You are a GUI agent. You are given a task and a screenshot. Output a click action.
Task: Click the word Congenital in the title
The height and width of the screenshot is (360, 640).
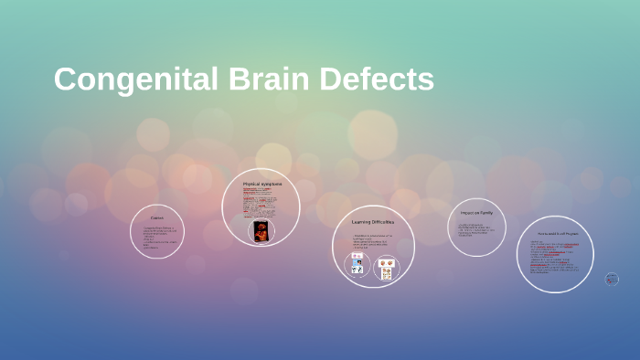pyautogui.click(x=132, y=80)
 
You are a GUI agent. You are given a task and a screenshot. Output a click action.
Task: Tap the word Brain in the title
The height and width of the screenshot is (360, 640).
pyautogui.click(x=268, y=80)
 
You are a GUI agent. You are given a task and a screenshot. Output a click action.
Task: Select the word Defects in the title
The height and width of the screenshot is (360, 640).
pyautogui.click(x=377, y=80)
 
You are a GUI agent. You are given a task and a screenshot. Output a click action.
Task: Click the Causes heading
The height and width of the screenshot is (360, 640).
pyautogui.click(x=158, y=217)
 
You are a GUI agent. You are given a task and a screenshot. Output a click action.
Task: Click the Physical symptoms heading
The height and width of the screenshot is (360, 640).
pyautogui.click(x=261, y=184)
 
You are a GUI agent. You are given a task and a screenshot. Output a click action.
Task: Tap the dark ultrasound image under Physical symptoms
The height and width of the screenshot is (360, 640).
pyautogui.click(x=261, y=230)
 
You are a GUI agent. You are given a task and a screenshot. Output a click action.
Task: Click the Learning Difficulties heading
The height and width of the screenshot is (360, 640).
pyautogui.click(x=372, y=222)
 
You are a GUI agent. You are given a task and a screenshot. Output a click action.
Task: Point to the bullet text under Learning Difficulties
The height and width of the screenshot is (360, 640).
pyautogui.click(x=372, y=243)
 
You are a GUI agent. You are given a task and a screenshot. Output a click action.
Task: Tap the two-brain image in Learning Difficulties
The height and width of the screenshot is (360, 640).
pyautogui.click(x=386, y=264)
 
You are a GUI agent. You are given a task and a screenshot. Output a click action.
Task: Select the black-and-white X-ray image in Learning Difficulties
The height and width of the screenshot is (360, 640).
pyautogui.click(x=357, y=270)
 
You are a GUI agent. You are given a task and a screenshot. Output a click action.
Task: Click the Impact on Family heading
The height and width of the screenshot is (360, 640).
pyautogui.click(x=476, y=213)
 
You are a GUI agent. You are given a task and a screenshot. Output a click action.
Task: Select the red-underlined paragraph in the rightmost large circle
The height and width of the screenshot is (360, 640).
pyautogui.click(x=554, y=260)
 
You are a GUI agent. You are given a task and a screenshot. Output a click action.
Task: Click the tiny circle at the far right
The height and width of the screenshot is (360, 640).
pyautogui.click(x=612, y=279)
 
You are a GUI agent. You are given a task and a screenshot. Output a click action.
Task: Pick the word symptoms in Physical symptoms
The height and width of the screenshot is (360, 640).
pyautogui.click(x=271, y=184)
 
